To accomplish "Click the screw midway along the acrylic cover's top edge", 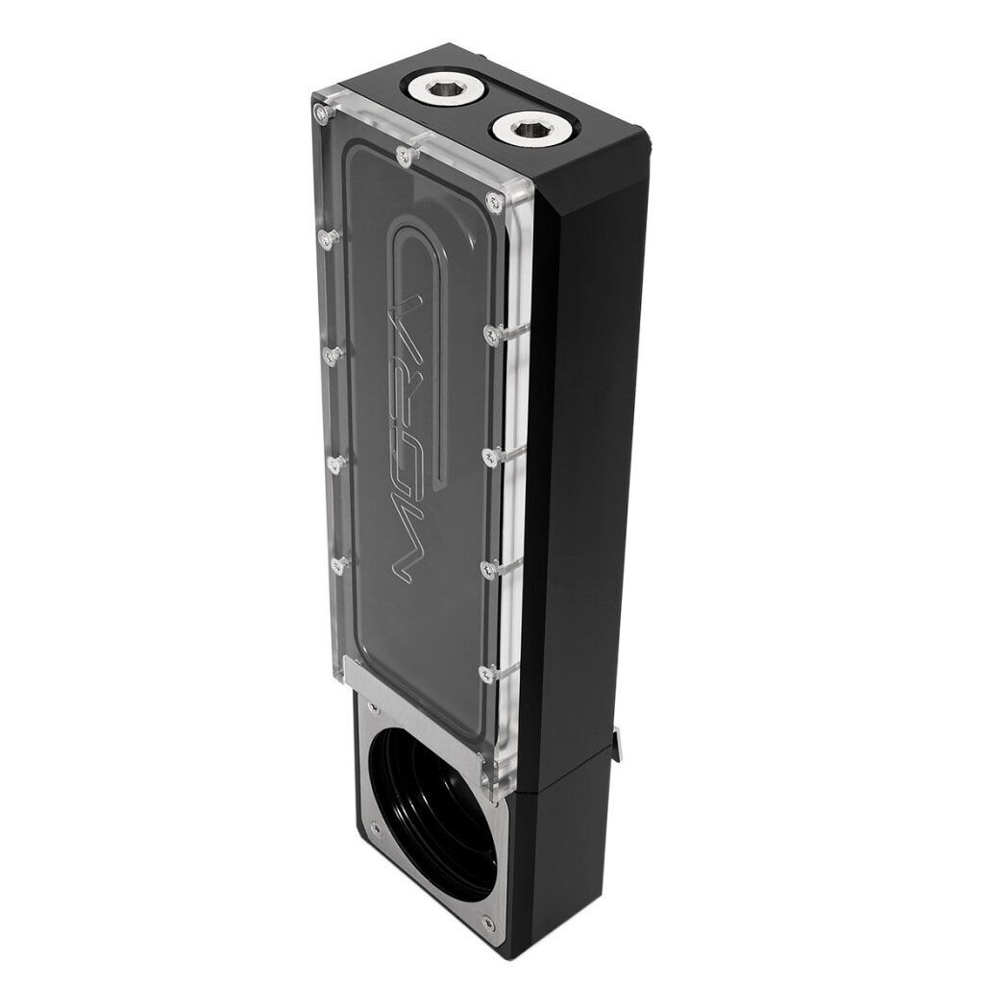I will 405,155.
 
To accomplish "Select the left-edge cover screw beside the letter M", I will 337,565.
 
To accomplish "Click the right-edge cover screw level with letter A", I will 491,333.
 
